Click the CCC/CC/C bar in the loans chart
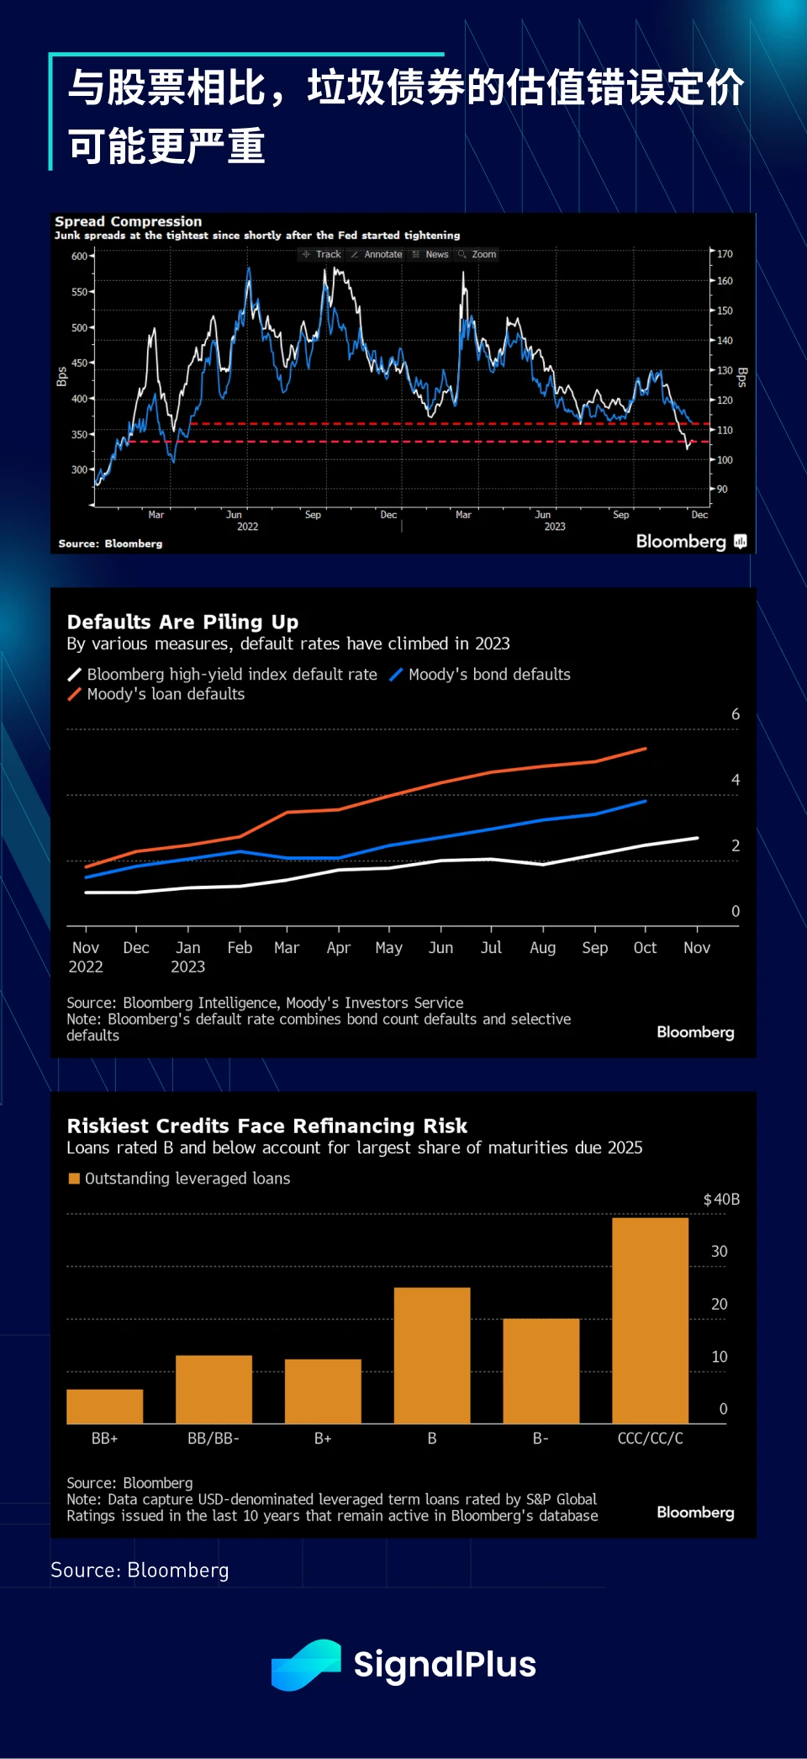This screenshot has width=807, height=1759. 650,1321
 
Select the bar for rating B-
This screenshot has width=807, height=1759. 541,1371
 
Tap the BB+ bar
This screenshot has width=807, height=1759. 105,1407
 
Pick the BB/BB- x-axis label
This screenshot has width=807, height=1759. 214,1438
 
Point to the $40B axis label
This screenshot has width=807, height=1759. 721,1200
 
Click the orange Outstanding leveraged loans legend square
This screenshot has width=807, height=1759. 74,1179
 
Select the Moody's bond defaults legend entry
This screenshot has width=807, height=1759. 480,675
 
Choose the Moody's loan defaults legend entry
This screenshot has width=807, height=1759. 156,694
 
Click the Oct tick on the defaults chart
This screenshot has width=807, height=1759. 645,948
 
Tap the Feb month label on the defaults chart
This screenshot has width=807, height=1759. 240,948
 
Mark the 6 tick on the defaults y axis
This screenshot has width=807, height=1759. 736,714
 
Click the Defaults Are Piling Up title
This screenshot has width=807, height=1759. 182,622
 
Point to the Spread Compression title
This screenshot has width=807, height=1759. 128,221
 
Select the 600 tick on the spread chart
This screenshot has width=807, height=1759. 79,257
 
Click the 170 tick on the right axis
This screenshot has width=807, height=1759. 725,254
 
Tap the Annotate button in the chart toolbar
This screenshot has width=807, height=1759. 377,254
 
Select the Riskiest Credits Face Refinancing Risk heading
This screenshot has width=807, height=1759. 266,1126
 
